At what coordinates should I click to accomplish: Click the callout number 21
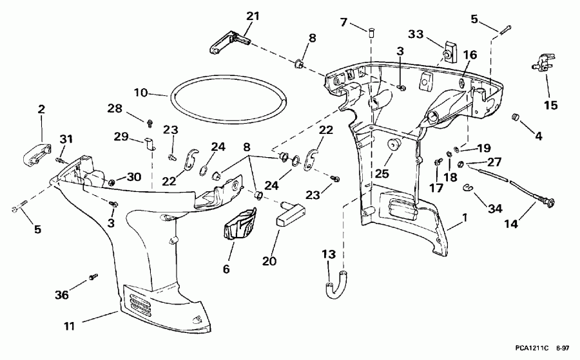(253, 16)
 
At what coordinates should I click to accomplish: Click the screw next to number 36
(93, 276)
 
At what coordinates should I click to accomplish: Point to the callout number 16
(469, 56)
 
